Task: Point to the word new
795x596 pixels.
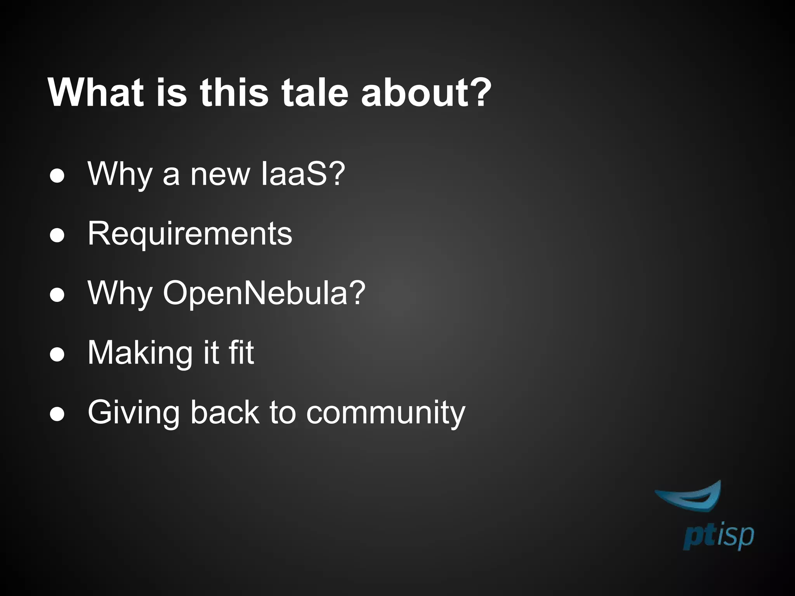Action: (220, 175)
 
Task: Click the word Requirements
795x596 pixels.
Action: (190, 234)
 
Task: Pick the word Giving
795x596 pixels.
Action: (134, 413)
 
